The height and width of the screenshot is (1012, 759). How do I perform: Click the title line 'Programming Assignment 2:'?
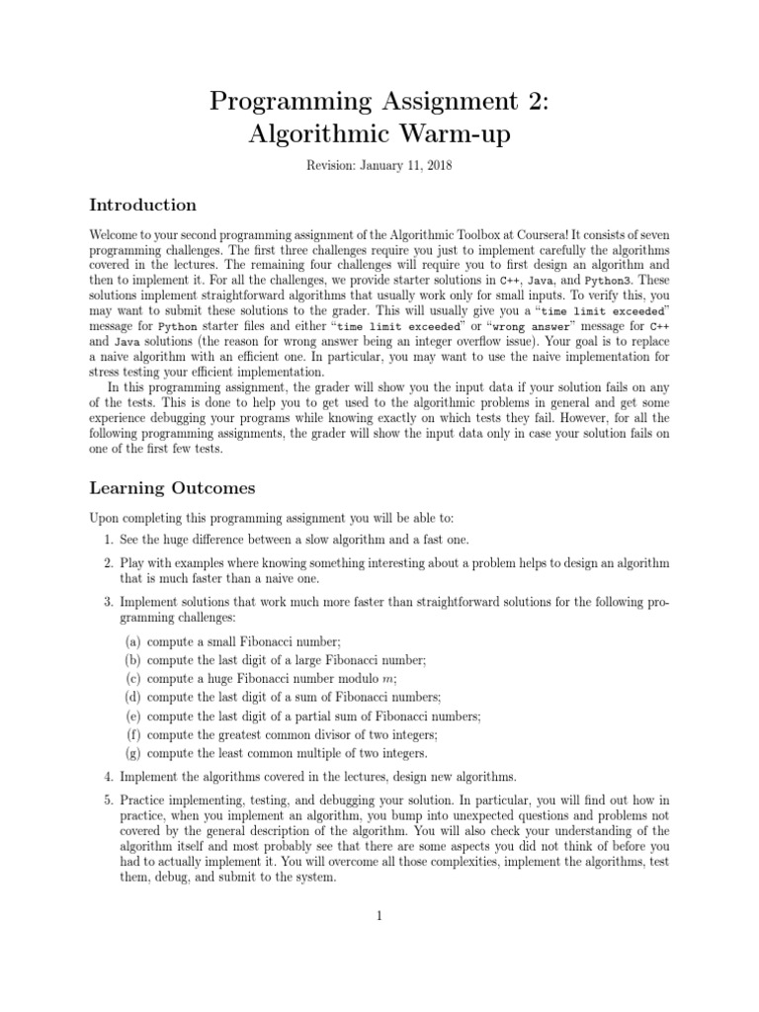click(379, 100)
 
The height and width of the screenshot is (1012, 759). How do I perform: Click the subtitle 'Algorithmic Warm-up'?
click(379, 134)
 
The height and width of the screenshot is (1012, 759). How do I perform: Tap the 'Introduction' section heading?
click(143, 206)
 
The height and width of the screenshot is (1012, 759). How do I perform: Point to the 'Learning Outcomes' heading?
click(172, 488)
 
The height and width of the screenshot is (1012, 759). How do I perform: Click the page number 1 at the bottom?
click(379, 916)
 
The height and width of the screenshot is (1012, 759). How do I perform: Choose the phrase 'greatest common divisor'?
click(286, 733)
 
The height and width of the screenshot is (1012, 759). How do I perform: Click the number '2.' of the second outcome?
click(109, 562)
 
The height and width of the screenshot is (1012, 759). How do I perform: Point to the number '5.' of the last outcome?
click(109, 800)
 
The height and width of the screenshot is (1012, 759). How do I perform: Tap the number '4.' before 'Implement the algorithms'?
click(109, 776)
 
